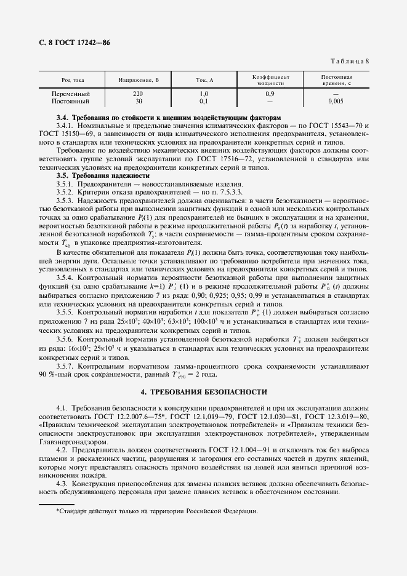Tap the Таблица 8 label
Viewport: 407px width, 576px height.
[x=349, y=61]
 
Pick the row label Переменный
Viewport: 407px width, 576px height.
[x=71, y=94]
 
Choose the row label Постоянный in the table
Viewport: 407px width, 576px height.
[x=71, y=100]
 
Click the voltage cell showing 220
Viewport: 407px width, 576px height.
[x=138, y=94]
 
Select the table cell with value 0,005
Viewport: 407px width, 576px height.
[x=336, y=100]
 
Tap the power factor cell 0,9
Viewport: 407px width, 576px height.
[x=270, y=94]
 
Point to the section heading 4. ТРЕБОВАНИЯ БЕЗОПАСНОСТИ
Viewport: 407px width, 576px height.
[x=203, y=391]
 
